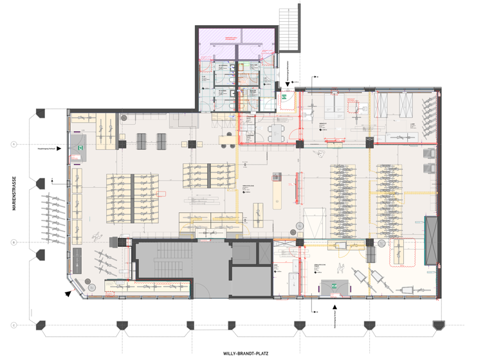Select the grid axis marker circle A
coord(14,145)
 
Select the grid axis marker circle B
coord(14,242)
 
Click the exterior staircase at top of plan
coord(289,28)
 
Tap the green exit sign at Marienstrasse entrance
coord(80,148)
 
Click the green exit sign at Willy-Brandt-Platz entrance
coord(334,284)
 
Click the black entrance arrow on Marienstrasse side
coord(59,148)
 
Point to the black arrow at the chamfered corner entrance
coord(68,293)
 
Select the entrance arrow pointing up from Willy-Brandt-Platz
coord(334,309)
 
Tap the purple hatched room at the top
coord(236,42)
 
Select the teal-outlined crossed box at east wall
coord(431,240)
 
